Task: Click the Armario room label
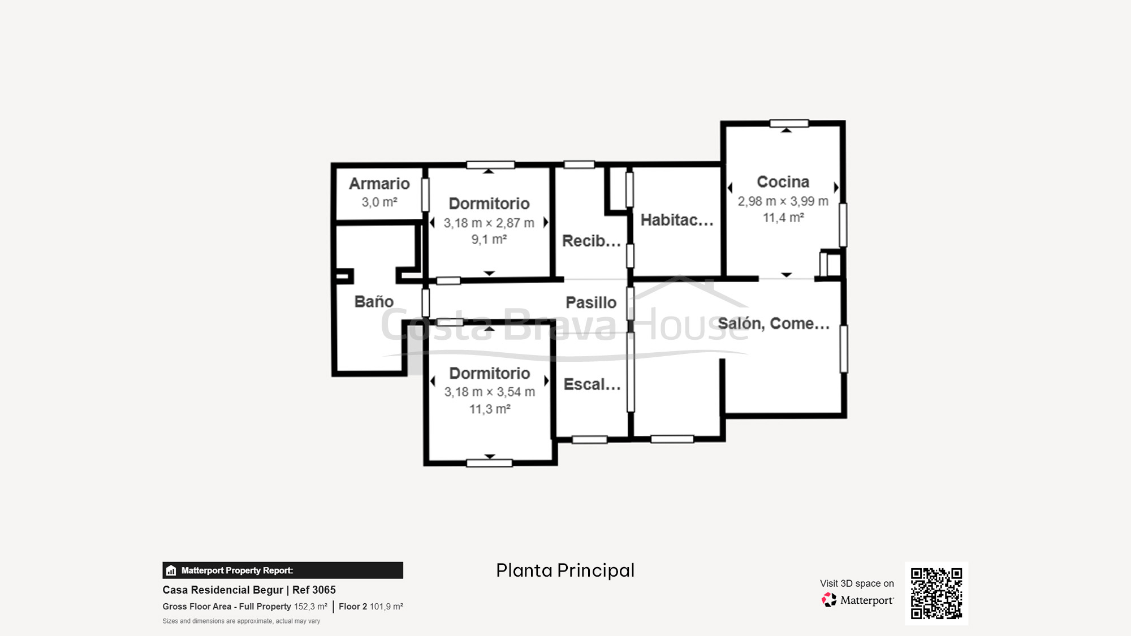[379, 184]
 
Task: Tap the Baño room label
[374, 301]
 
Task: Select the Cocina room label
[783, 182]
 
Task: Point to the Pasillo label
[591, 302]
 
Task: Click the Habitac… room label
[676, 220]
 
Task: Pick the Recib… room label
[591, 241]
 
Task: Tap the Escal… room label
[592, 384]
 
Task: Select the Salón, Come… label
[774, 323]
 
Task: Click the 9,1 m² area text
[489, 240]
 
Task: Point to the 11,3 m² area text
[490, 409]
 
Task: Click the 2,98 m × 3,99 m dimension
[783, 201]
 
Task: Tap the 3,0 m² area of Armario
[379, 202]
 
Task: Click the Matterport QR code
[936, 593]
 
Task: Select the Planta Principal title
[565, 570]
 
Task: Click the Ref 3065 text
[314, 590]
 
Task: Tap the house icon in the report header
[171, 570]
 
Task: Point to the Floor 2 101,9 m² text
[371, 607]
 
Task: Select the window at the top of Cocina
[789, 123]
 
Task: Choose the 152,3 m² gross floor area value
[310, 607]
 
